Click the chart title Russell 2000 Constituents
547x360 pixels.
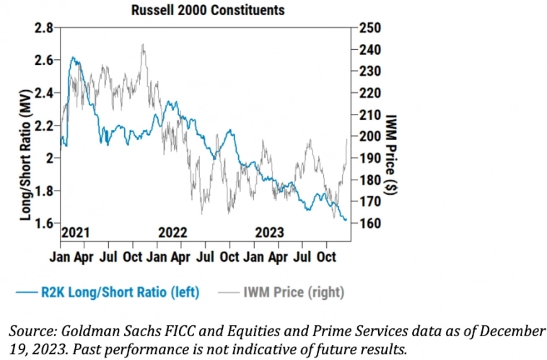[x=207, y=10]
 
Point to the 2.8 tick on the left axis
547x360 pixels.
[x=44, y=28]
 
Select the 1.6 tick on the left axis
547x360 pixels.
[x=44, y=223]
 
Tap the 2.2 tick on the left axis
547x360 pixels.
[x=44, y=126]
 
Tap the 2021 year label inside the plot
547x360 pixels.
[x=75, y=232]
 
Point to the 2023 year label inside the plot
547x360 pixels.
[x=269, y=232]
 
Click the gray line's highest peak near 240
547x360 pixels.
[x=143, y=45]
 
